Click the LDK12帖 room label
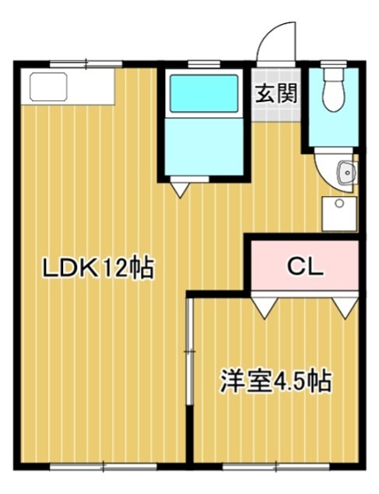click(x=97, y=269)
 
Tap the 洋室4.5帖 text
click(x=276, y=381)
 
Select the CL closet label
click(x=305, y=268)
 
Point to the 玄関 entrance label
click(x=275, y=94)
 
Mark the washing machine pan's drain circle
click(x=339, y=203)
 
